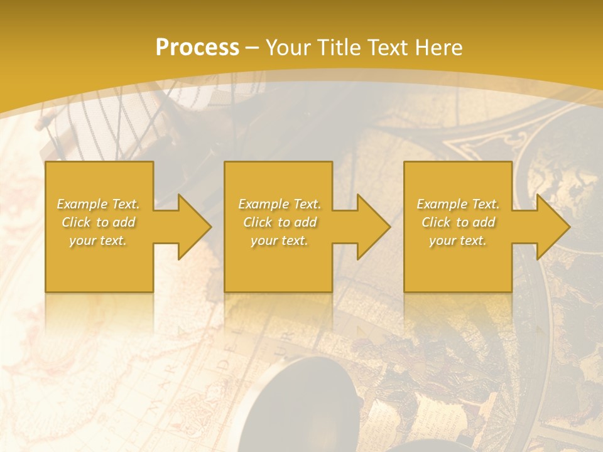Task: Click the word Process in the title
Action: pos(197,48)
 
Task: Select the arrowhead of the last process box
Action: pos(552,227)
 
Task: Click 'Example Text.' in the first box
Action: pos(98,204)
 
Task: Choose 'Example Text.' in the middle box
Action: pos(280,204)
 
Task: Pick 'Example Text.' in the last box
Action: pos(458,204)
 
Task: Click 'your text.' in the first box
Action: pos(98,240)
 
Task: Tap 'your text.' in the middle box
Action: pos(280,240)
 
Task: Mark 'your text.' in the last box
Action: pos(458,240)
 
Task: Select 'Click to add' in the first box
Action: pos(98,222)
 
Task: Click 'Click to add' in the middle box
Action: pos(280,222)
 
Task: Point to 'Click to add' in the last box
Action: pos(458,222)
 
